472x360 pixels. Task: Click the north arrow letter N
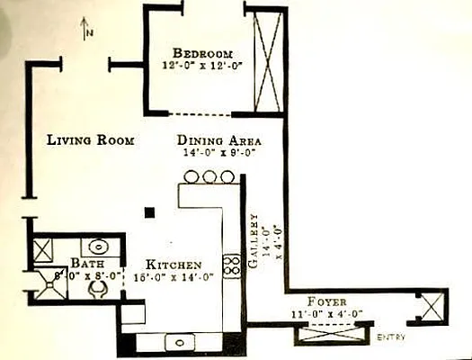(90, 33)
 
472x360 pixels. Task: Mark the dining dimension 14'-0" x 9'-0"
(218, 153)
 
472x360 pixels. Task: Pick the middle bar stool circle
(209, 177)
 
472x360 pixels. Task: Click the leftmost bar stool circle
(191, 177)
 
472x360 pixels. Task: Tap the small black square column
(150, 212)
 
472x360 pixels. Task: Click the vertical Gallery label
(254, 241)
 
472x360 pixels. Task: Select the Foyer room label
(327, 301)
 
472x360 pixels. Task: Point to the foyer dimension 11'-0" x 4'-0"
(327, 313)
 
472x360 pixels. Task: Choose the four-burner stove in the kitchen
(231, 265)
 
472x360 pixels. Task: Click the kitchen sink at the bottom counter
(183, 341)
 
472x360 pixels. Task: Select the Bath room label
(87, 264)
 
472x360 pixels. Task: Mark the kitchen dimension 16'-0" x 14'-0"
(174, 277)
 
